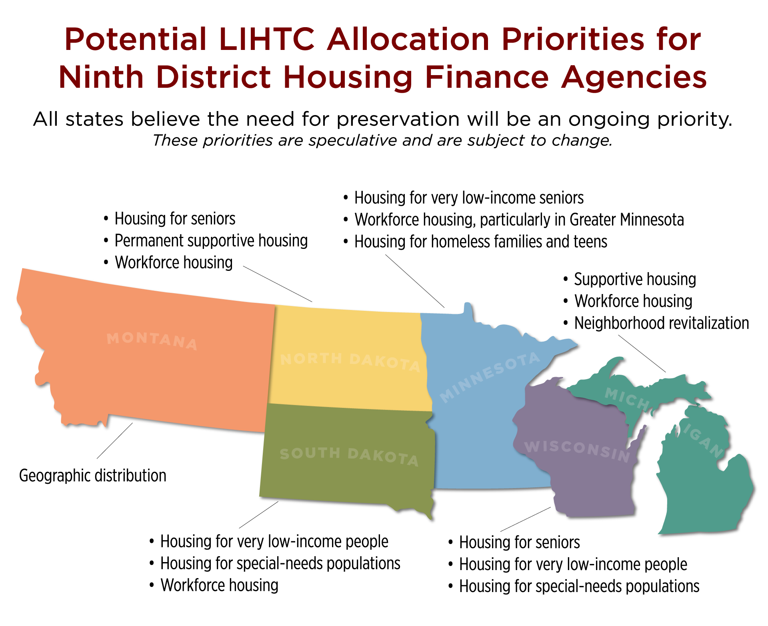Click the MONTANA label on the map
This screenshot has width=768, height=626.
pos(152,341)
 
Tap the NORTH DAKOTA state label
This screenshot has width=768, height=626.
pos(350,362)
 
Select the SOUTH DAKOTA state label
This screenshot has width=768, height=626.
pos(349,457)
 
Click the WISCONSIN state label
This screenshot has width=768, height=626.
pos(577,451)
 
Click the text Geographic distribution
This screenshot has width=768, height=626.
pos(93,476)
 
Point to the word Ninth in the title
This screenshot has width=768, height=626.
pos(101,77)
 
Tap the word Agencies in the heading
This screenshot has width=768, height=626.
pos(634,78)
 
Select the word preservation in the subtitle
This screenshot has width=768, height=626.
pos(398,119)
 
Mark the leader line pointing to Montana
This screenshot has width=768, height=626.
pos(115,441)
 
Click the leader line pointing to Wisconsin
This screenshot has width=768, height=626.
pos(526,519)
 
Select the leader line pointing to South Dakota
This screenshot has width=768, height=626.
pos(259,515)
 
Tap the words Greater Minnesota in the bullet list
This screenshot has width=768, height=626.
pos(627,220)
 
